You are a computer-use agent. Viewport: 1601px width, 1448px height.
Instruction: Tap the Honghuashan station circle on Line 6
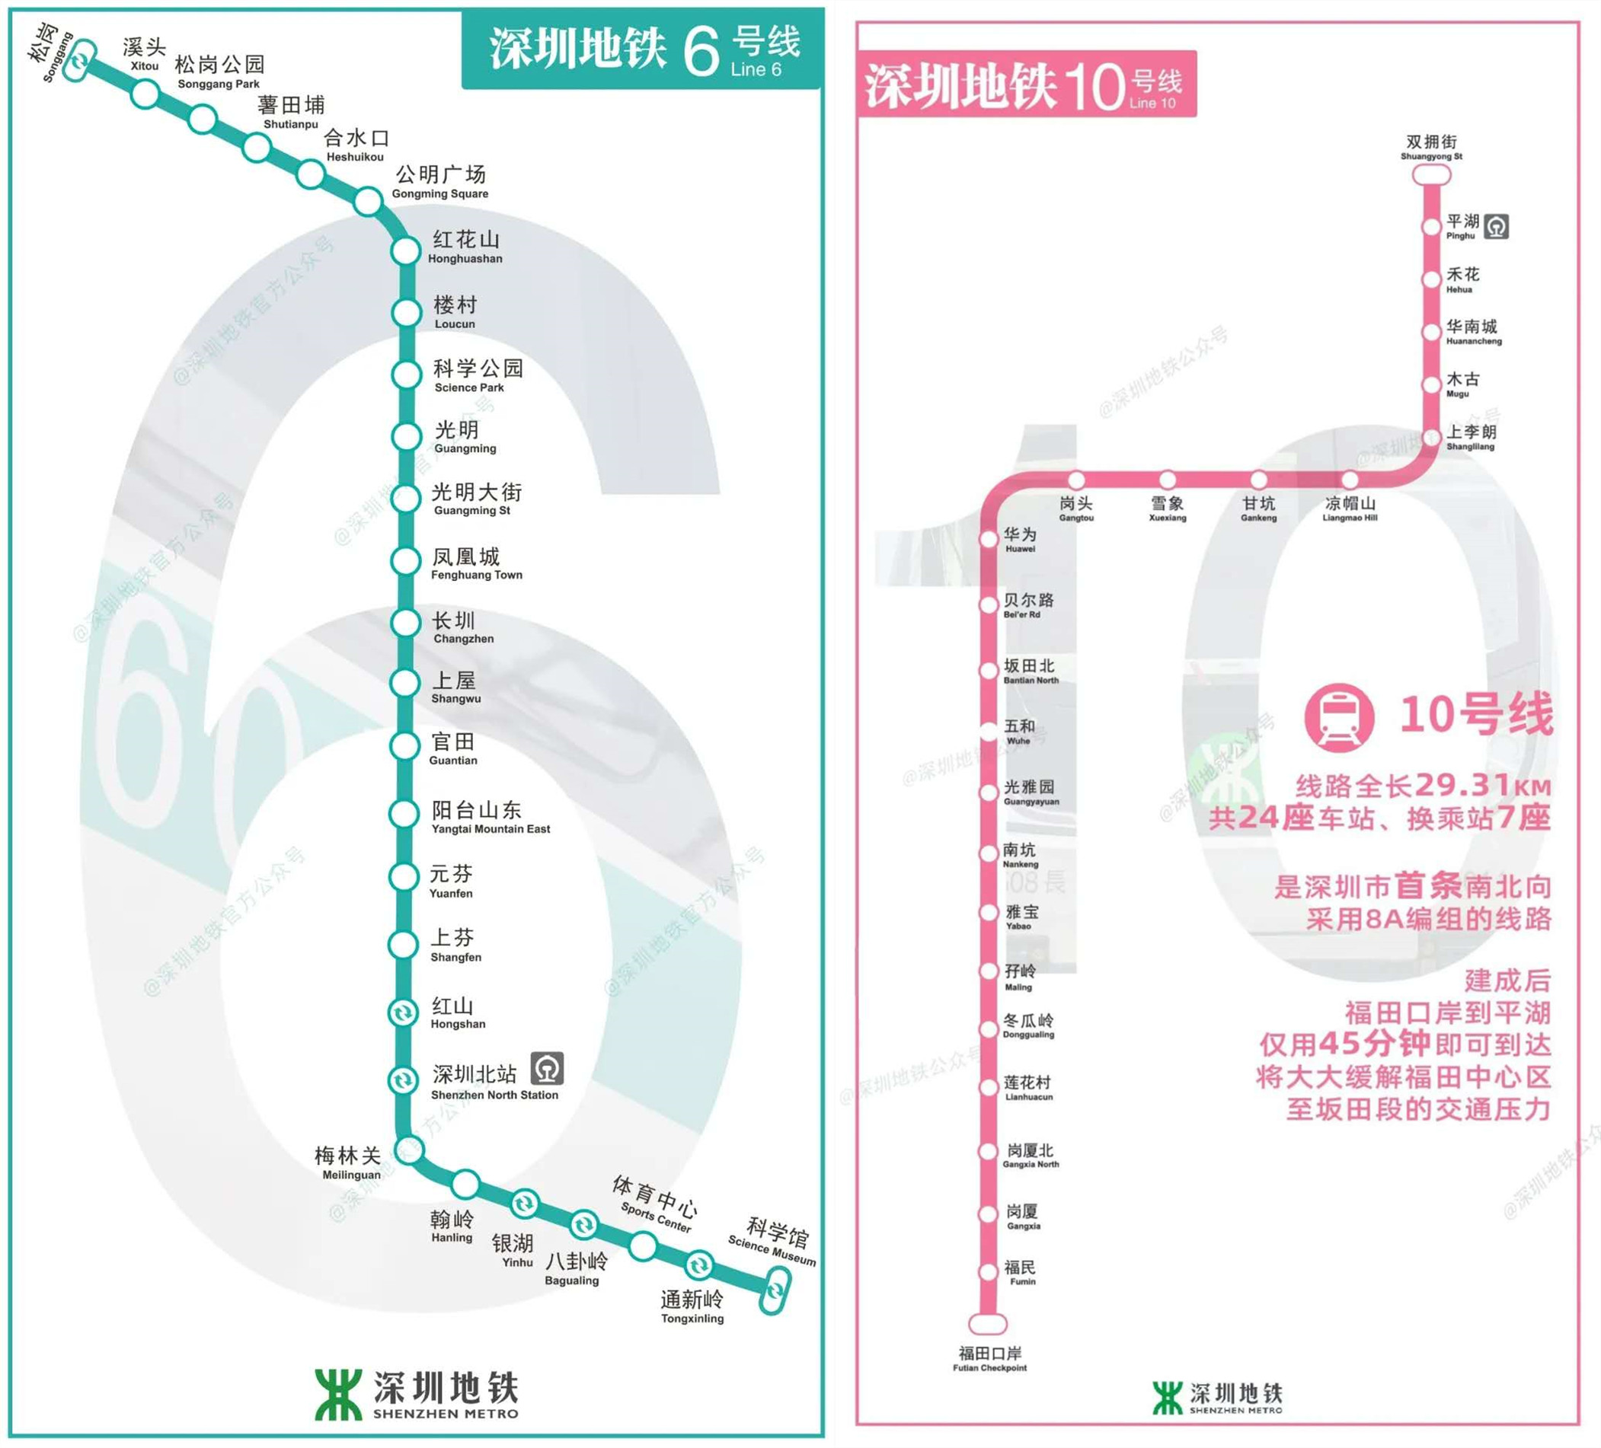point(405,251)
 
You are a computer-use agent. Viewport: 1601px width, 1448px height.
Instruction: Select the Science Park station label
point(478,375)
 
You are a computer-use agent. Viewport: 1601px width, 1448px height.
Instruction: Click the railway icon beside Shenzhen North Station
point(547,1069)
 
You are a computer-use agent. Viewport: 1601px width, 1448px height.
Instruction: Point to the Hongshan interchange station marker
point(403,1013)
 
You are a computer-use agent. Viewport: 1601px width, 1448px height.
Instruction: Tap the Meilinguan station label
point(348,1163)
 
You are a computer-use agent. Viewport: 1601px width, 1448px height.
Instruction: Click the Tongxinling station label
point(692,1306)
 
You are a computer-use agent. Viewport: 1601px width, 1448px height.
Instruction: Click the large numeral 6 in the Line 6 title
point(701,51)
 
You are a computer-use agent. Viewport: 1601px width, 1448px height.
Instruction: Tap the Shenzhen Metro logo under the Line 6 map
point(338,1394)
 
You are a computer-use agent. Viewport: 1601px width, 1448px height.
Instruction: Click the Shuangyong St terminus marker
point(1431,174)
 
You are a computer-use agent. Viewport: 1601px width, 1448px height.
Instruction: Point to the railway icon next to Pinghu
point(1496,227)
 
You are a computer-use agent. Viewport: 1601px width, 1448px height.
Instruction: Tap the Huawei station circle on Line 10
point(989,540)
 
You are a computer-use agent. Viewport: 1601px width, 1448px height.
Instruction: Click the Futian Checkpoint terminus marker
point(988,1324)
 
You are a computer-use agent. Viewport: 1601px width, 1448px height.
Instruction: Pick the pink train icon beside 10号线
point(1339,716)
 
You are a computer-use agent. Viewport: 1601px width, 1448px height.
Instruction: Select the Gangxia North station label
point(1030,1155)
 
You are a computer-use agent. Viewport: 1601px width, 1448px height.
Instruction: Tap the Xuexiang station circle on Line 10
point(1168,480)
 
